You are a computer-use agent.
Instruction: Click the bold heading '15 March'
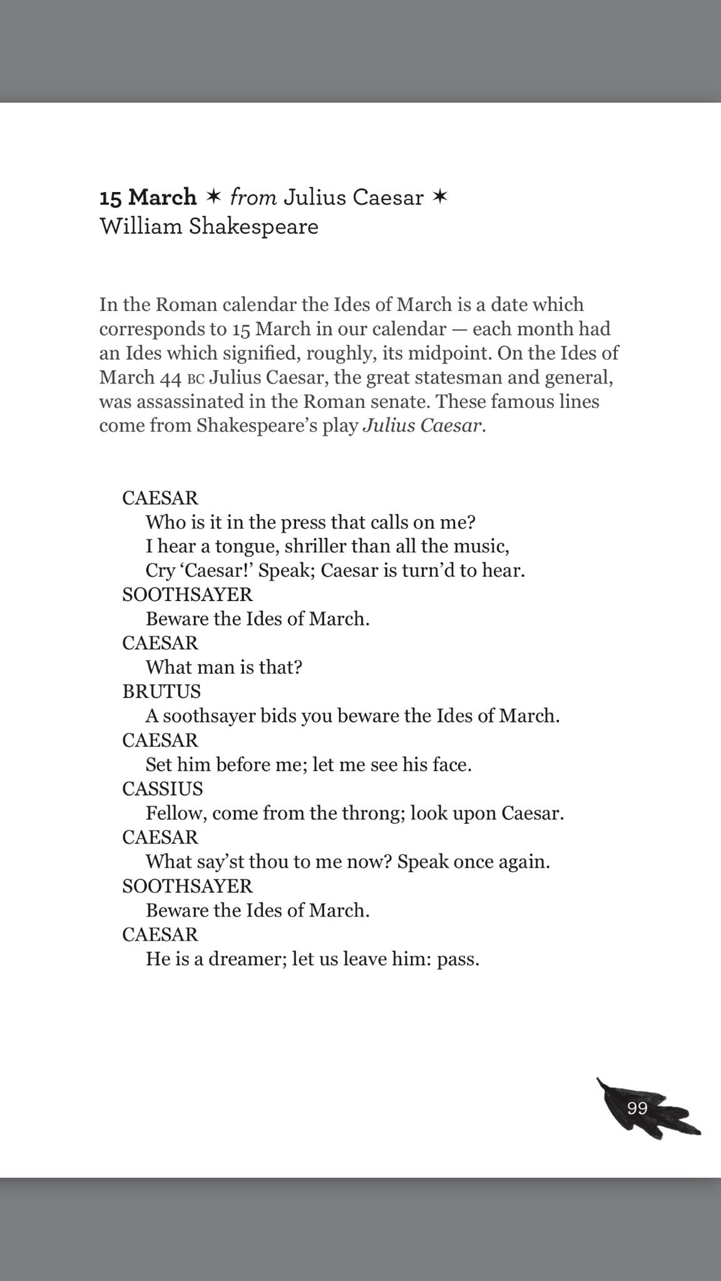pyautogui.click(x=148, y=198)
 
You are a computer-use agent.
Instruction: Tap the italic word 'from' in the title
pyautogui.click(x=253, y=198)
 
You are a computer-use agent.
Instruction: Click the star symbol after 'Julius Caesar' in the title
pyautogui.click(x=441, y=197)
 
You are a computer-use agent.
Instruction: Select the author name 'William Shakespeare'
pyautogui.click(x=209, y=226)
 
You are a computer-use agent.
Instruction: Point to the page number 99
pyautogui.click(x=637, y=1108)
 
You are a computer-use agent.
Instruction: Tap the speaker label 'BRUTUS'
pyautogui.click(x=161, y=691)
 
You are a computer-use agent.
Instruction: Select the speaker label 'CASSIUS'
pyautogui.click(x=163, y=788)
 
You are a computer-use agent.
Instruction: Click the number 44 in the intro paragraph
pyautogui.click(x=171, y=378)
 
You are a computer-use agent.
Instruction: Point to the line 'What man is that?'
pyautogui.click(x=224, y=667)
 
